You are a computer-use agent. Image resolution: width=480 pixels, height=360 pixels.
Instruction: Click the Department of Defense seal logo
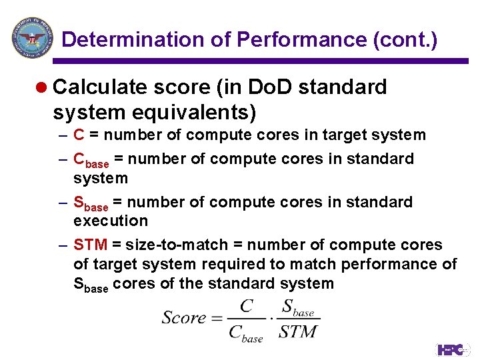31,38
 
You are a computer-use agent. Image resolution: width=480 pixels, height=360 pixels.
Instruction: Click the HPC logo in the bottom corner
453,349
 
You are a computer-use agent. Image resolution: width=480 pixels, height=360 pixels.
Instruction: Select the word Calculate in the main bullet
100,87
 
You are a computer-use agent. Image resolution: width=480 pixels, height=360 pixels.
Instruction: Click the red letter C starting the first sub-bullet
79,135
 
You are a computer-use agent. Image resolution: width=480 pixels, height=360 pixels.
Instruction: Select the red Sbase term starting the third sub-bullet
90,203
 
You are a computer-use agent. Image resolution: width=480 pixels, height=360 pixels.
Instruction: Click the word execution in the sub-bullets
111,221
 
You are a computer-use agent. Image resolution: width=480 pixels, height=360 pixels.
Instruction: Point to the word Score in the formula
184,317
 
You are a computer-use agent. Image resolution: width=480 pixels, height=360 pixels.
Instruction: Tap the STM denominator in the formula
298,331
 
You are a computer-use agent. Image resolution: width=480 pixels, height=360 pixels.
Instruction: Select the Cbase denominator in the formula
246,333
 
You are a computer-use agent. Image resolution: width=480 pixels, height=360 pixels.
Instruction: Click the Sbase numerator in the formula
297,308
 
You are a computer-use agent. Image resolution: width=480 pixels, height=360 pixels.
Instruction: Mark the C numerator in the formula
247,306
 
